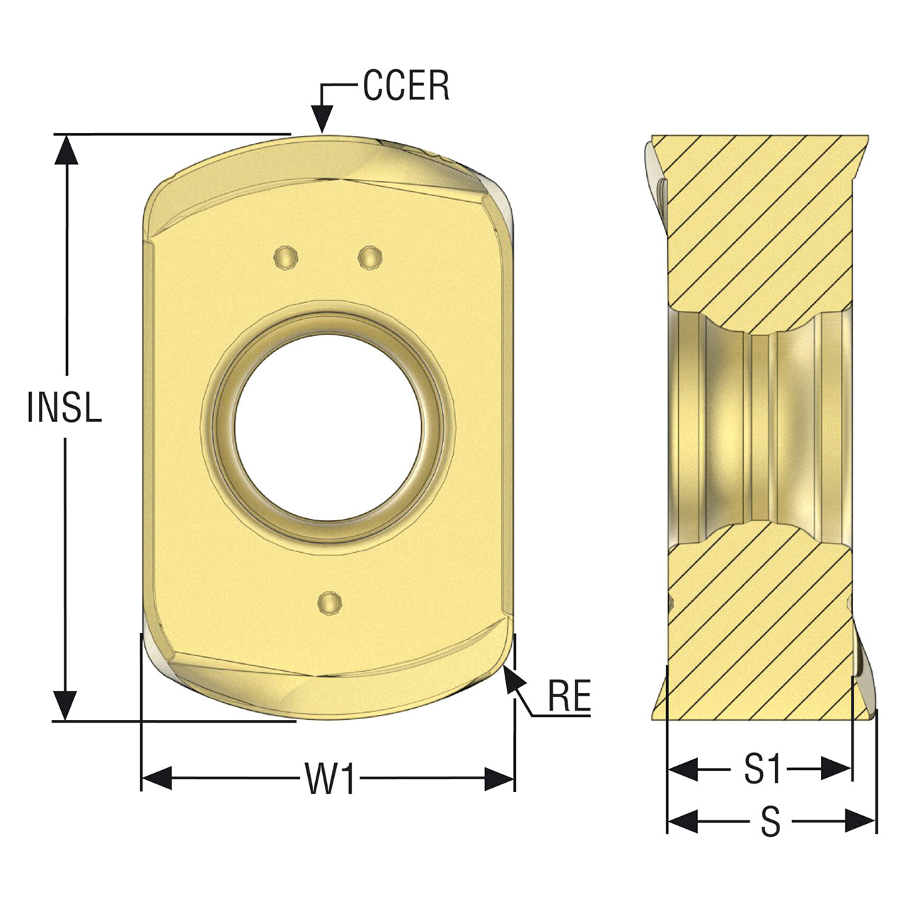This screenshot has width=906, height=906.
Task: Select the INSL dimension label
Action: pos(64,406)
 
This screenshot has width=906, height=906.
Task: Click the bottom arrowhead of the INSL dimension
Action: pos(66,705)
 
